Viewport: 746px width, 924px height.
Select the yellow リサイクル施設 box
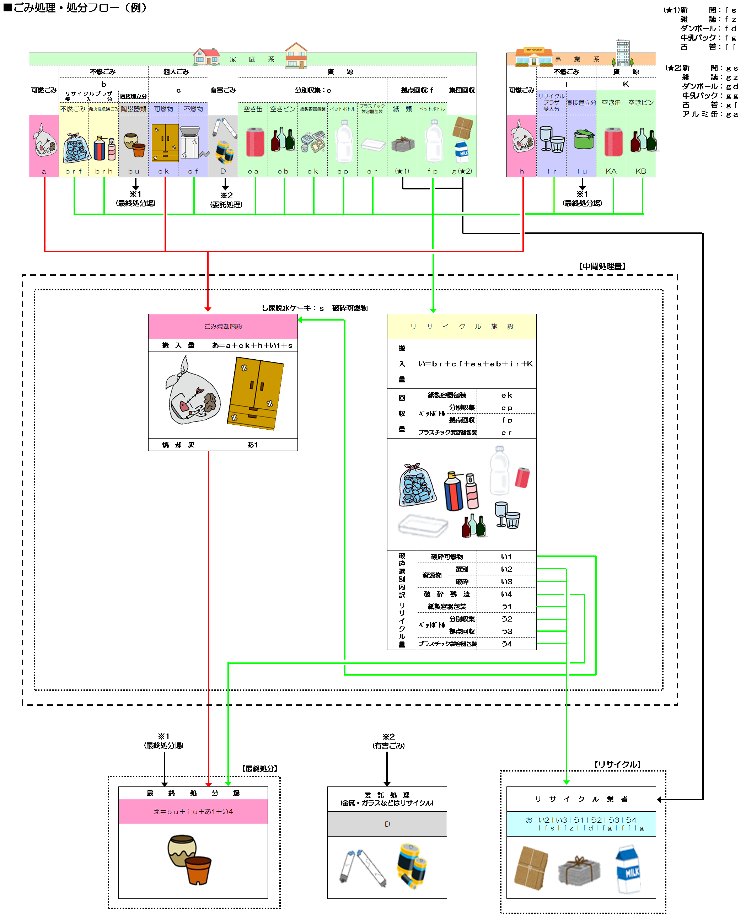pos(462,326)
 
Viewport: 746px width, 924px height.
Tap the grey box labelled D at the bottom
pos(387,824)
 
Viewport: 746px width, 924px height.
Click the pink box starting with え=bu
pos(193,811)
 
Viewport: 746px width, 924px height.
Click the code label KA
pos(611,171)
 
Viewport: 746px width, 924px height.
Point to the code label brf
pos(74,171)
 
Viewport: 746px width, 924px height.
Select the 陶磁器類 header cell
pos(133,109)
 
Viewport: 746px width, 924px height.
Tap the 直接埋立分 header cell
pos(581,103)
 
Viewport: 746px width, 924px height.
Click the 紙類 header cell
pos(402,109)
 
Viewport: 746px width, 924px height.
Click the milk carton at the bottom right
pos(628,869)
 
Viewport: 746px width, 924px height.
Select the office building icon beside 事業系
pos(623,53)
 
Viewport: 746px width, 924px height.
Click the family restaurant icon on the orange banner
pos(534,57)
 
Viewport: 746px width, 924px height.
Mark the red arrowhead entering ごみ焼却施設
pos(208,309)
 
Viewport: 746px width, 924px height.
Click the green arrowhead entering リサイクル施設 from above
pos(433,310)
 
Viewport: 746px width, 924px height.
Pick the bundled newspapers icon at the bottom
pos(579,871)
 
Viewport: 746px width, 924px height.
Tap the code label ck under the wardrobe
pos(163,171)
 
